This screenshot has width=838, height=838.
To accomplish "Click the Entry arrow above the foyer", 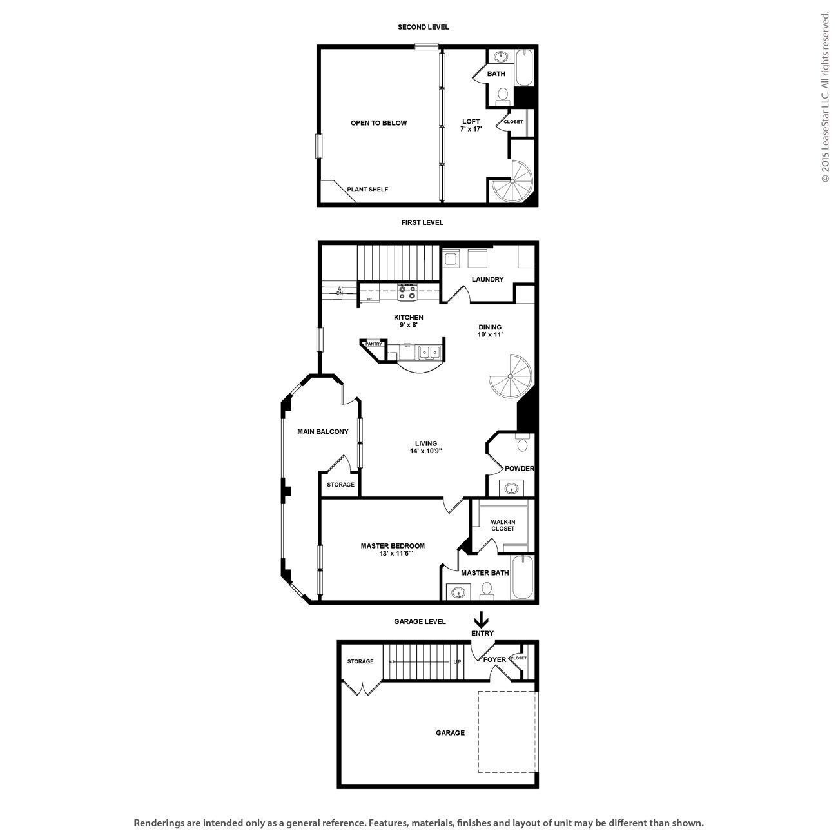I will [481, 619].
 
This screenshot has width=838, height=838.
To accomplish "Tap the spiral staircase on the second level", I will [514, 182].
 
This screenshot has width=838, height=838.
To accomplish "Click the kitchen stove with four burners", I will [407, 293].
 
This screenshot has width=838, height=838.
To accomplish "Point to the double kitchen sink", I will [429, 352].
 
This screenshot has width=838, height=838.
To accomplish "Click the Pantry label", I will [374, 344].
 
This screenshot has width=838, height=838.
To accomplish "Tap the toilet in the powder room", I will [522, 445].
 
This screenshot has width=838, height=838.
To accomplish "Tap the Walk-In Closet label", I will [503, 525].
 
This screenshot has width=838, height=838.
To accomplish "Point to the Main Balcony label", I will [322, 432].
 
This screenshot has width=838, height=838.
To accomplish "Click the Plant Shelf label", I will [367, 190].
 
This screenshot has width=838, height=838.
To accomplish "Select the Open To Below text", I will [378, 123].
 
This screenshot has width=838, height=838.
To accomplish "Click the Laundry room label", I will [487, 280].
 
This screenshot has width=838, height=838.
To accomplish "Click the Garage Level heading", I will [420, 622].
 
